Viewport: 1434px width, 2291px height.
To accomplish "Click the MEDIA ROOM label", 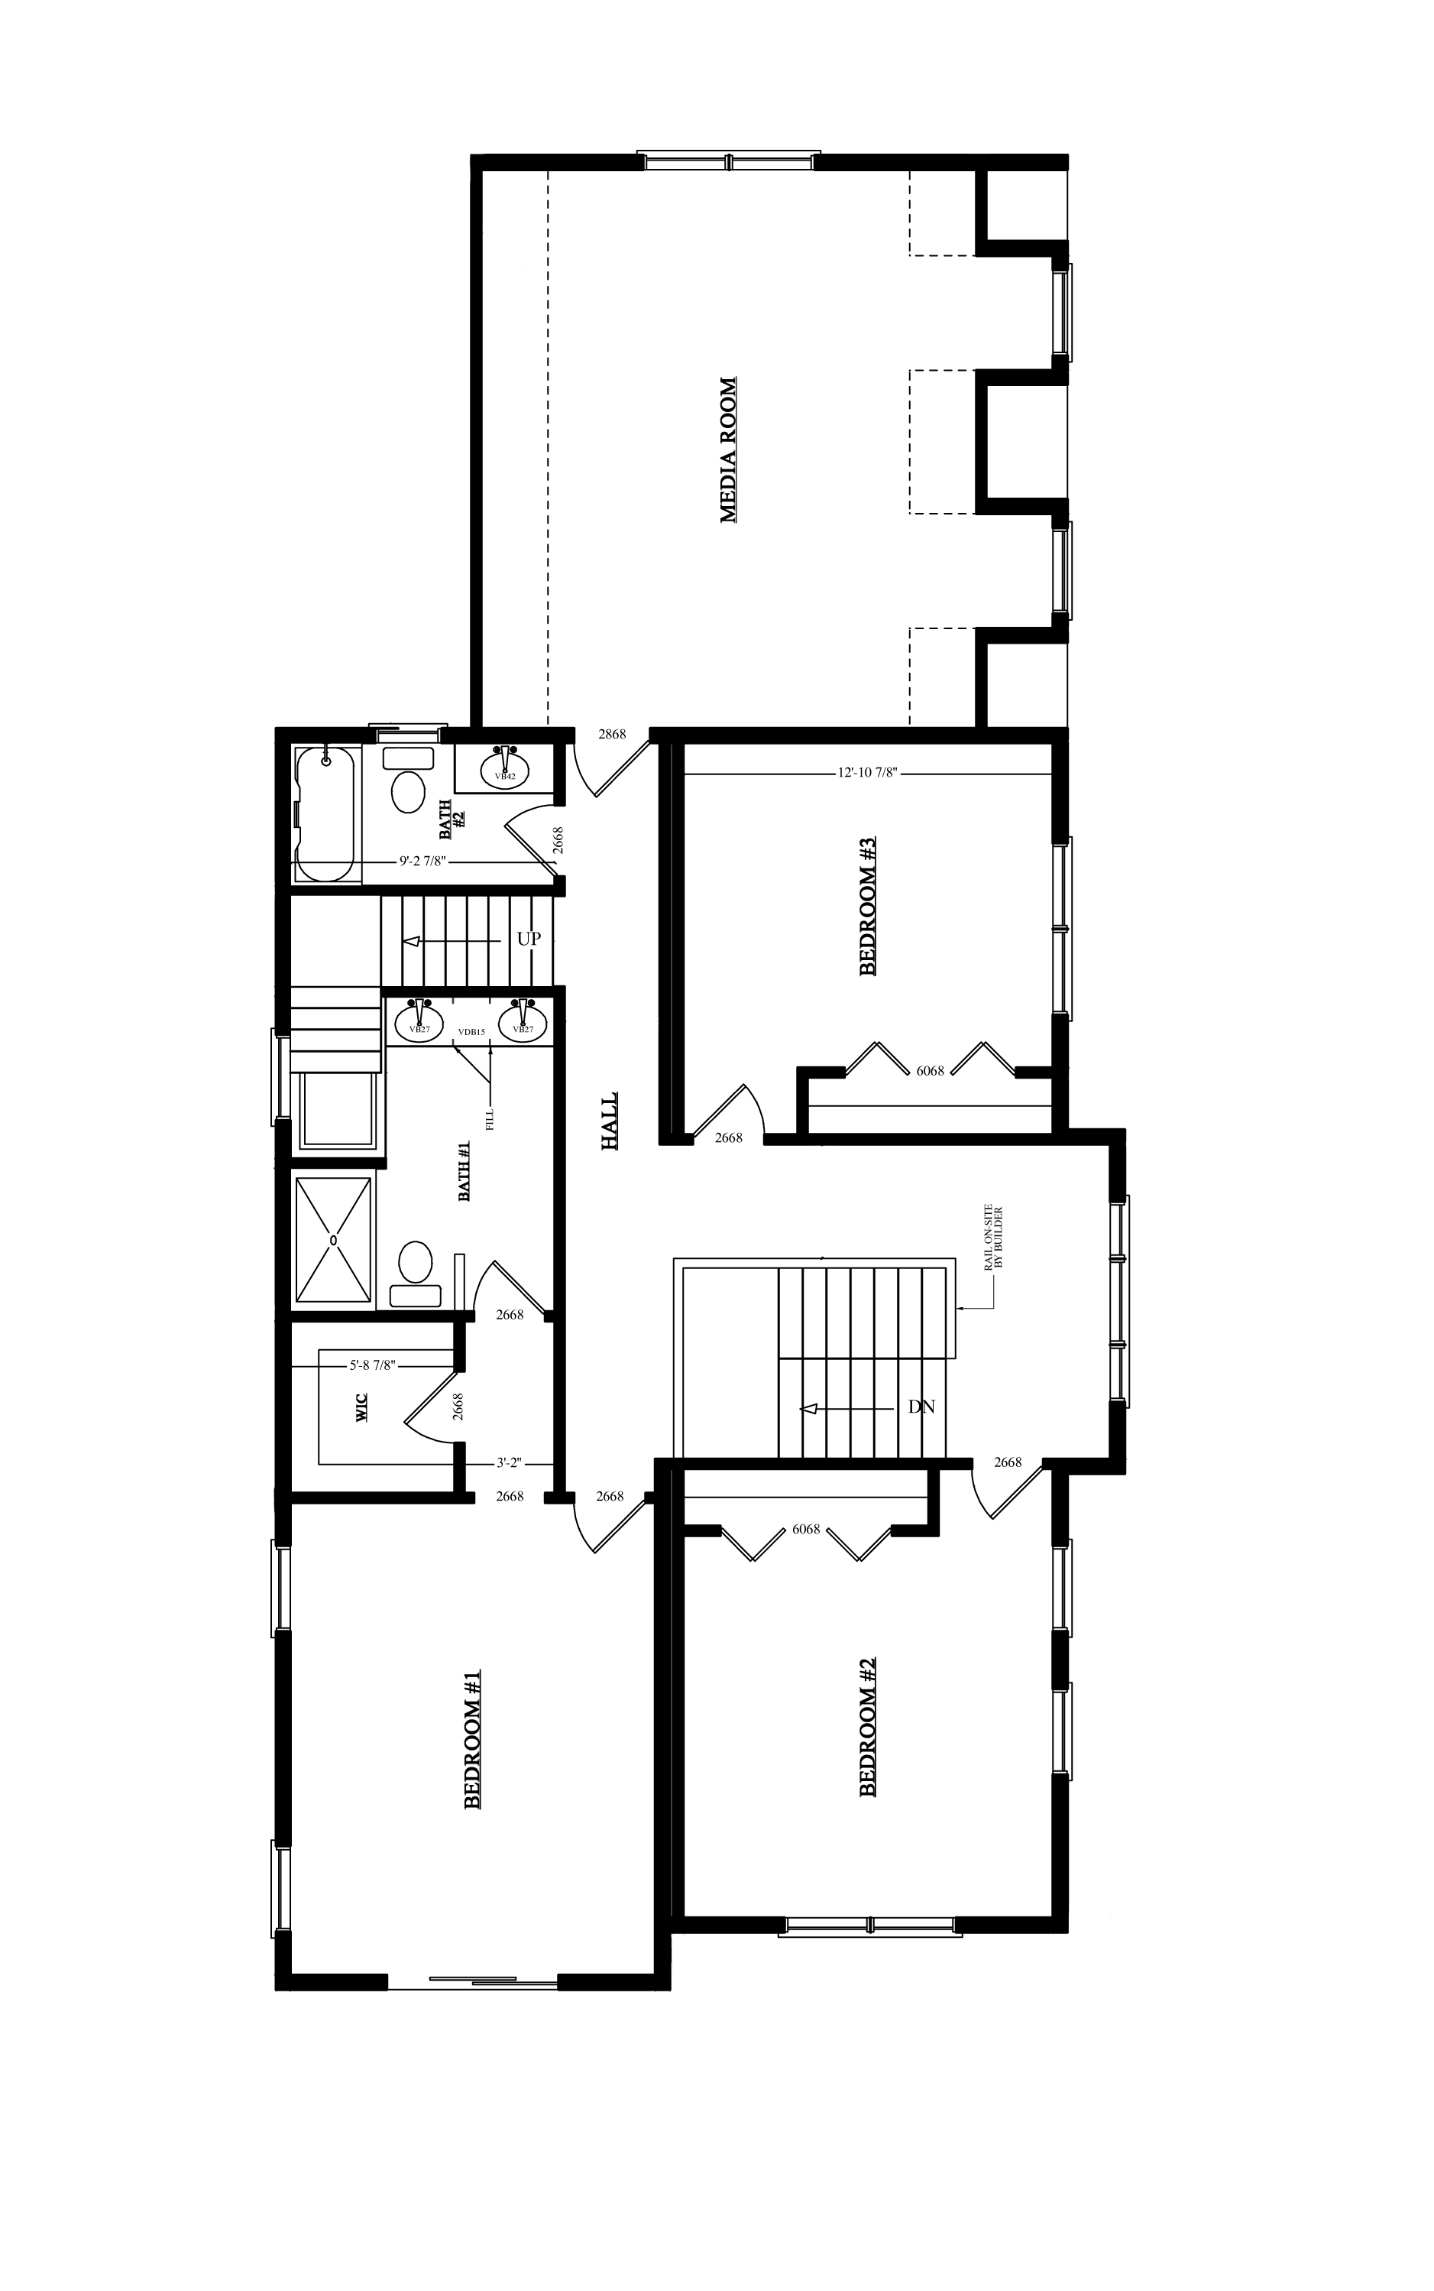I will click(x=728, y=450).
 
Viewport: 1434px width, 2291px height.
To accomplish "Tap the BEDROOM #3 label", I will click(x=867, y=906).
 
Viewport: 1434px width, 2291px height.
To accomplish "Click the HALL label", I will click(x=610, y=1121).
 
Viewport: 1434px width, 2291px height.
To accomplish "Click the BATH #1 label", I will click(x=465, y=1172).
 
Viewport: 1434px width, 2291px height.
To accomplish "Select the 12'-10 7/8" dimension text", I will click(x=867, y=773).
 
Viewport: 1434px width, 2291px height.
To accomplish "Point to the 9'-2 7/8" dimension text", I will click(x=422, y=863).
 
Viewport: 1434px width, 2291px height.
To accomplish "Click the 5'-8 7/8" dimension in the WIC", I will click(x=372, y=1365).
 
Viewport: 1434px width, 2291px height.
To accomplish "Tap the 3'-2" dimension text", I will click(x=510, y=1463).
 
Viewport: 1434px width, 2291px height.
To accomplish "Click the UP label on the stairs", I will click(x=528, y=939).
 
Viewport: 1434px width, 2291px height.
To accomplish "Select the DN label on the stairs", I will click(x=921, y=1407).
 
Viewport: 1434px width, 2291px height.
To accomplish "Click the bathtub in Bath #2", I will click(x=325, y=814).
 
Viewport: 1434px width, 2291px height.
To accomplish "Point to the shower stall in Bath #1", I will click(x=333, y=1240).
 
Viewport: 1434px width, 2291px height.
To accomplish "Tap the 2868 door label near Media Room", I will click(x=612, y=735).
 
